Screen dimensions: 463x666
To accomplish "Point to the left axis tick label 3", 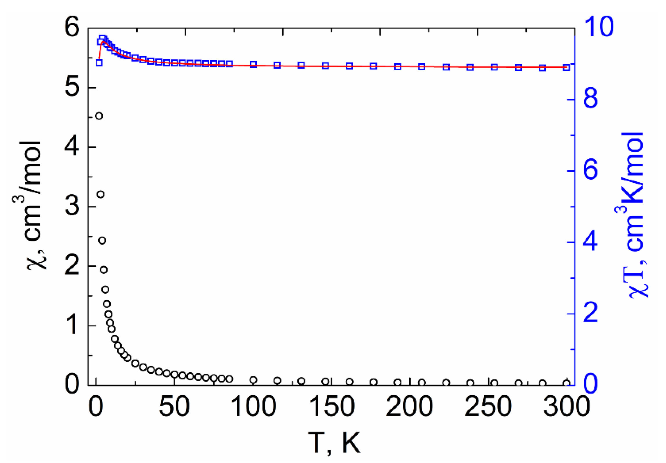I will click(72, 206).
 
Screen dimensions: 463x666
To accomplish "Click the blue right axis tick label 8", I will click(590, 99).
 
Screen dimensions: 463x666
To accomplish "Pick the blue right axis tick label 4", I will click(590, 242).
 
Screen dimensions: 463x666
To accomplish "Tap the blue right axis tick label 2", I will click(590, 313).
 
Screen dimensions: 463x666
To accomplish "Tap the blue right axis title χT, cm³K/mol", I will click(634, 215).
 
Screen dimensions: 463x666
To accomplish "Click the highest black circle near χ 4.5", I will click(99, 116).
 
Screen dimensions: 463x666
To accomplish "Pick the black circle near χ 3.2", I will click(101, 194).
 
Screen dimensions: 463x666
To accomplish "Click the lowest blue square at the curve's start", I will click(99, 63).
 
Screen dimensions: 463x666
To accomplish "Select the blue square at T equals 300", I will click(566, 68).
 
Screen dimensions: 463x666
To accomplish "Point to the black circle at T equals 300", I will click(566, 383).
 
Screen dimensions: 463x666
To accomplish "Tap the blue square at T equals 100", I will click(253, 65).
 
